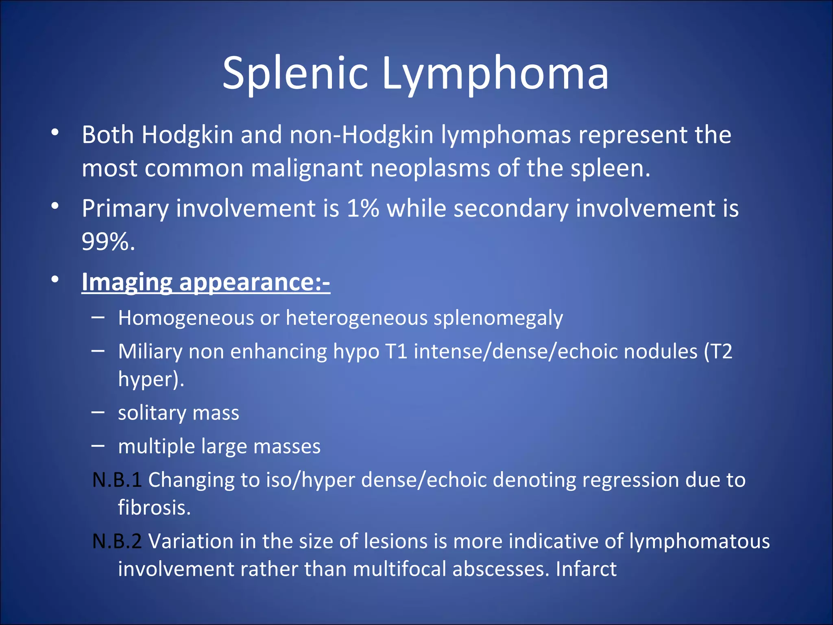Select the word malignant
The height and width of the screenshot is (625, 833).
307,168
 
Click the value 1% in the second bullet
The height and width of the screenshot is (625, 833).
363,208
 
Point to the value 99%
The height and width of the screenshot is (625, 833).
108,242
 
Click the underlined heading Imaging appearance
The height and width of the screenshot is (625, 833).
205,282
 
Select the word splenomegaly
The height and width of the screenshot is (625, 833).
498,318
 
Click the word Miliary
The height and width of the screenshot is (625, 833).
150,351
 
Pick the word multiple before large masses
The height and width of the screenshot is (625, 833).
157,446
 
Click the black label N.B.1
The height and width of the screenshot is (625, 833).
117,480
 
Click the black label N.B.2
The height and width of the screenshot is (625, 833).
117,541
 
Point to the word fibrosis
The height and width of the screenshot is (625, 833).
154,507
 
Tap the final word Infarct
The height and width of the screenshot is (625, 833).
586,569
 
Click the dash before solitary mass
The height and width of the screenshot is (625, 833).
98,412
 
